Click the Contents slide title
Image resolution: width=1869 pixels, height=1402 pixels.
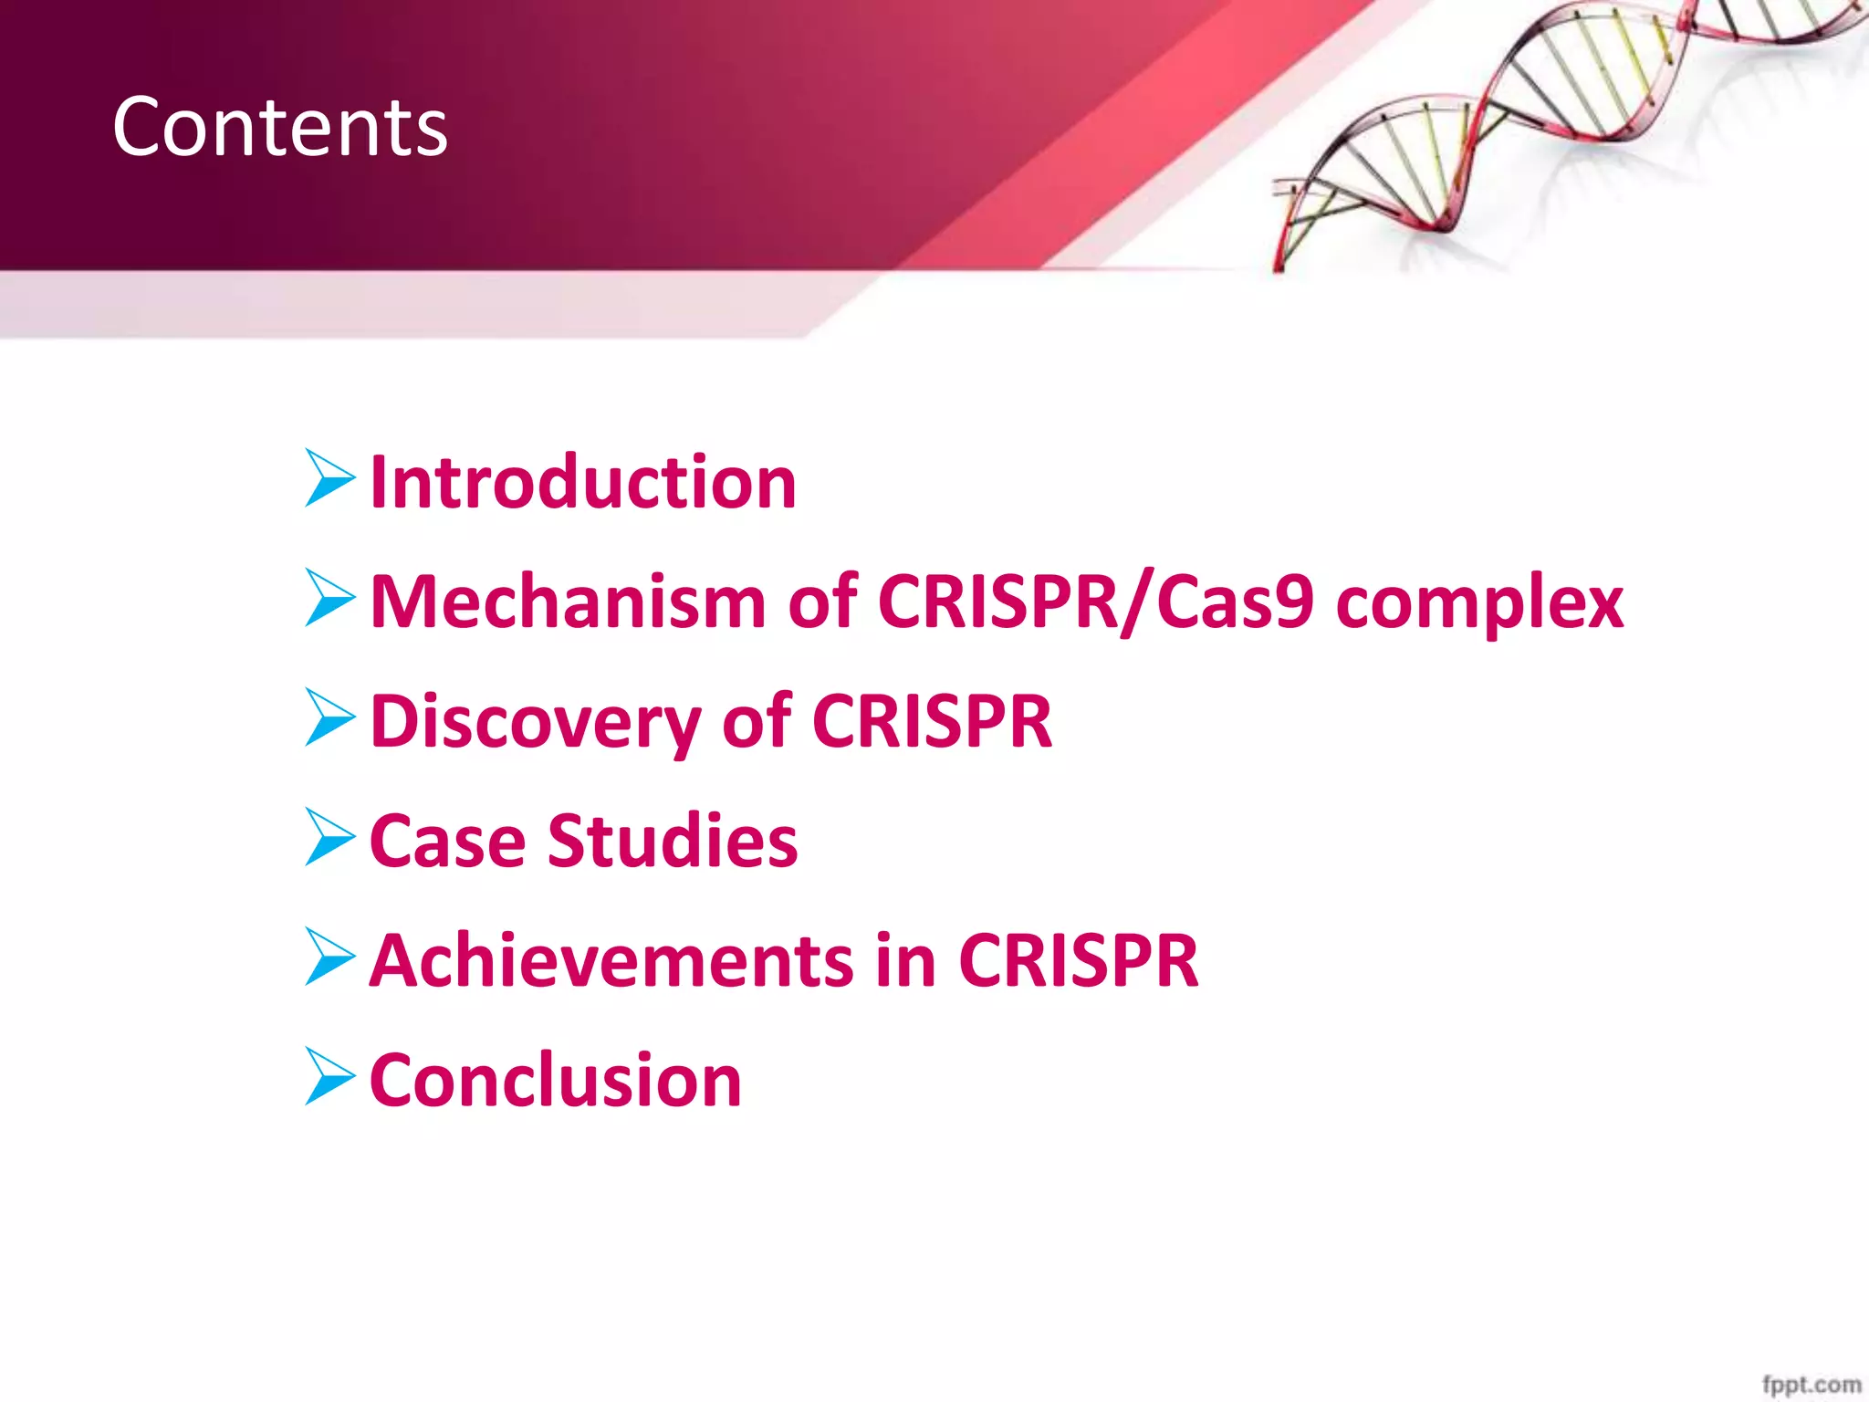point(280,128)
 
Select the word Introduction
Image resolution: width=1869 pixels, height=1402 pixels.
point(583,482)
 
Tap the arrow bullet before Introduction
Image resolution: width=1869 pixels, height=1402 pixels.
point(329,477)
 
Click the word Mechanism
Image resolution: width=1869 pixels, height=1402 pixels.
point(568,602)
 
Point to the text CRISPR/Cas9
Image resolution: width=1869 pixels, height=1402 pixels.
point(1095,602)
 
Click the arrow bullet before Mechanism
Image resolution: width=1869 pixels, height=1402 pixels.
point(329,598)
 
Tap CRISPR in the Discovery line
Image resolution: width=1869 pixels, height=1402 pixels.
point(932,721)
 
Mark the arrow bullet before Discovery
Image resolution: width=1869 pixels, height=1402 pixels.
point(329,717)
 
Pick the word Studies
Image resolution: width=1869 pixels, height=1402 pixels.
point(673,841)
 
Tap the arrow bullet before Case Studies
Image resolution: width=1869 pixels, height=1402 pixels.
point(329,837)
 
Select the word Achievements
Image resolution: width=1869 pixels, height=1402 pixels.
point(611,961)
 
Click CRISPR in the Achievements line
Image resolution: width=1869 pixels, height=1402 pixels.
point(1078,961)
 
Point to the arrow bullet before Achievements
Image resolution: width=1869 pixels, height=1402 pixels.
point(329,957)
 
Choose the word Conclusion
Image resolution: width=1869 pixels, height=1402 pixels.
point(556,1081)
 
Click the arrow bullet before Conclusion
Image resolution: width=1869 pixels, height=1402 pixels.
point(329,1076)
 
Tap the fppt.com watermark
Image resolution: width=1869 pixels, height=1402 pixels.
point(1811,1384)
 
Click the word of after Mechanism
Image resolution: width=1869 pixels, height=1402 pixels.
point(822,602)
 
